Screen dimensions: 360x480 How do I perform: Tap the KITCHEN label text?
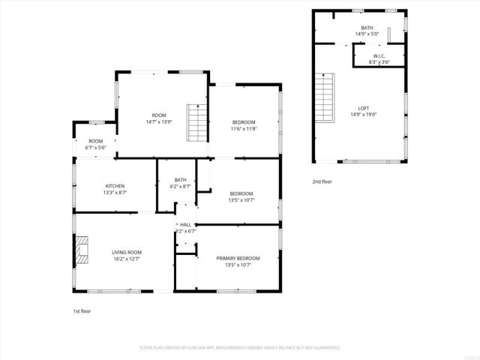pyautogui.click(x=115, y=186)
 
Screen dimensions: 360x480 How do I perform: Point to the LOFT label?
pyautogui.click(x=363, y=108)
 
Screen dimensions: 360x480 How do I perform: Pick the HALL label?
pyautogui.click(x=185, y=224)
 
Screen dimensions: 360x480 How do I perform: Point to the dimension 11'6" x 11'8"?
pyautogui.click(x=244, y=129)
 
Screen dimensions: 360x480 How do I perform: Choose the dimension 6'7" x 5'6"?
pyautogui.click(x=96, y=147)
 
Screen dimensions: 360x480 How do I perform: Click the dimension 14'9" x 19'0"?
pyautogui.click(x=363, y=115)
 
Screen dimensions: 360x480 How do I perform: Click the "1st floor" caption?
pyautogui.click(x=81, y=310)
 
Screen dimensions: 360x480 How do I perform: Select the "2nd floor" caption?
pyautogui.click(x=323, y=181)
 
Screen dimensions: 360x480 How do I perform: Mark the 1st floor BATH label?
pyautogui.click(x=181, y=179)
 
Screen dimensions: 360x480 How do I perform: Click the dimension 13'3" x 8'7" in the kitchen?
pyautogui.click(x=115, y=193)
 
